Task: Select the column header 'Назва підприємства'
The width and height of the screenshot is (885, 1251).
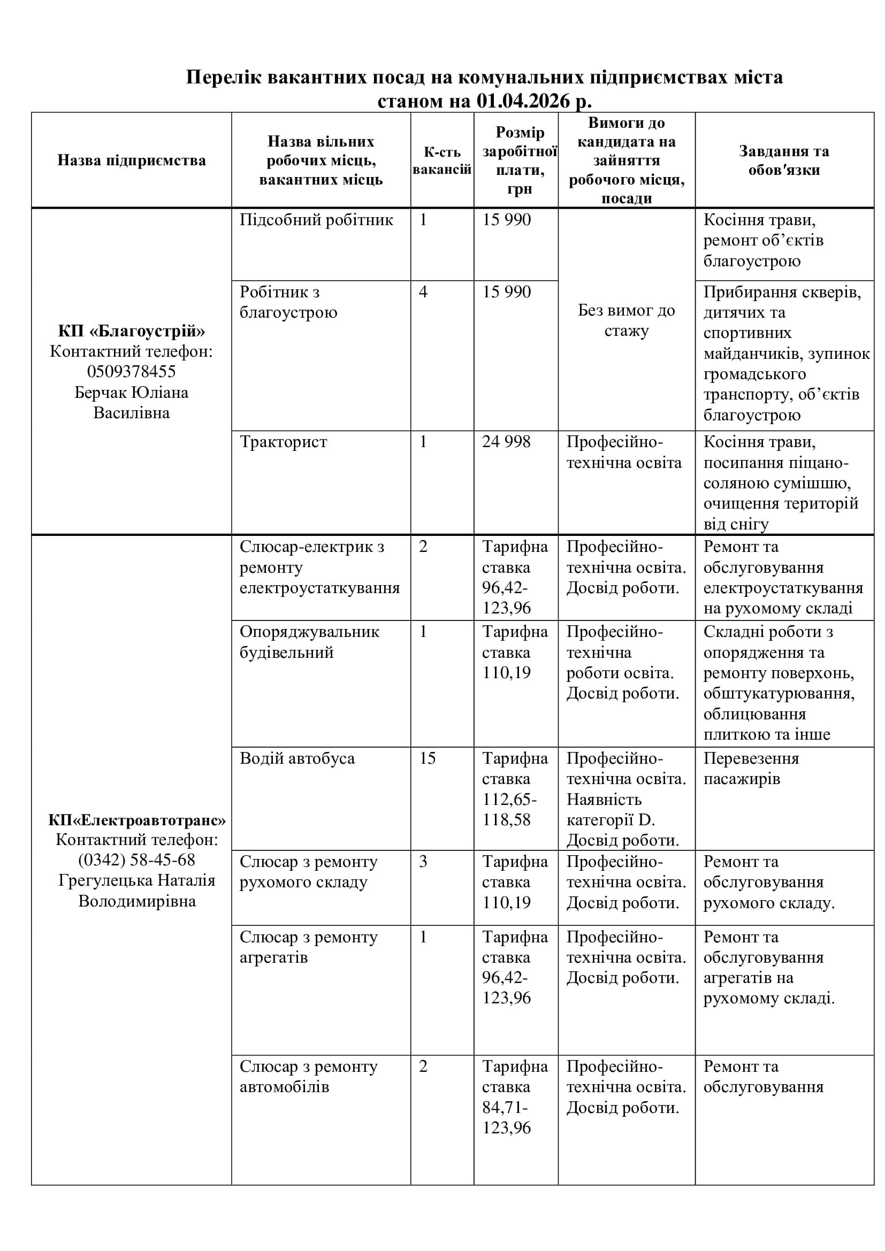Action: point(131,160)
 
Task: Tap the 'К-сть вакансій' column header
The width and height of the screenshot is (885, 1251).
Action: point(442,160)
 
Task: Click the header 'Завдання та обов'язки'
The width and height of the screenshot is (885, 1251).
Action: point(784,160)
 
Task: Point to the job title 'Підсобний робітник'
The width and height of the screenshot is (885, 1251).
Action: point(316,220)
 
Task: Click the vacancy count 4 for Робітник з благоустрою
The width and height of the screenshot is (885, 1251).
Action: point(423,292)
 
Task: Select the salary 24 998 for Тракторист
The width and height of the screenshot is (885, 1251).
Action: point(506,442)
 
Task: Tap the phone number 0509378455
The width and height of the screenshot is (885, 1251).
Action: point(131,372)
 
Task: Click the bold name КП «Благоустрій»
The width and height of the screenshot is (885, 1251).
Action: point(131,331)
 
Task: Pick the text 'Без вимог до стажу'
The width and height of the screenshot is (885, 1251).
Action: point(626,320)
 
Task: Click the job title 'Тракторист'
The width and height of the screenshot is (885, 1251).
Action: point(284,442)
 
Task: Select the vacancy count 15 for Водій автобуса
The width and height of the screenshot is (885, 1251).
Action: point(427,758)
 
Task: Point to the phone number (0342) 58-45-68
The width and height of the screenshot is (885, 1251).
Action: point(136,860)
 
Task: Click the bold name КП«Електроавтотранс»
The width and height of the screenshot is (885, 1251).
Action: point(136,819)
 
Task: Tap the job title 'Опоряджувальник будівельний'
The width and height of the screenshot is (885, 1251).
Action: point(309,642)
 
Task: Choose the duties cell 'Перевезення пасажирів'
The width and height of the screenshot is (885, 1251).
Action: point(751,768)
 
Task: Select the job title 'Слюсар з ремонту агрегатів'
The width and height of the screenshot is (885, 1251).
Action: point(308,947)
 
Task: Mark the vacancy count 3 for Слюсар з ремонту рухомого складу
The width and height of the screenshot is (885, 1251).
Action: point(423,862)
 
